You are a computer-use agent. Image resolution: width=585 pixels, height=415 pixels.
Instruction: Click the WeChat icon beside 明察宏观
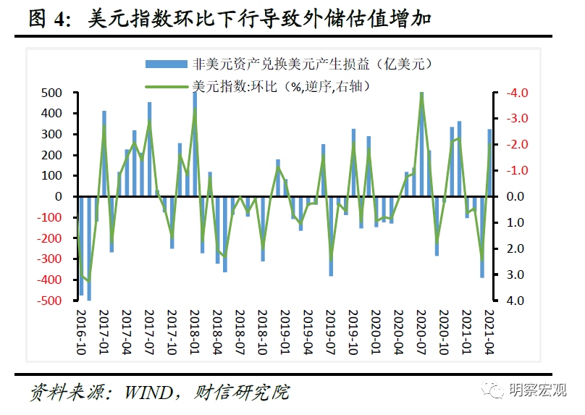498,390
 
